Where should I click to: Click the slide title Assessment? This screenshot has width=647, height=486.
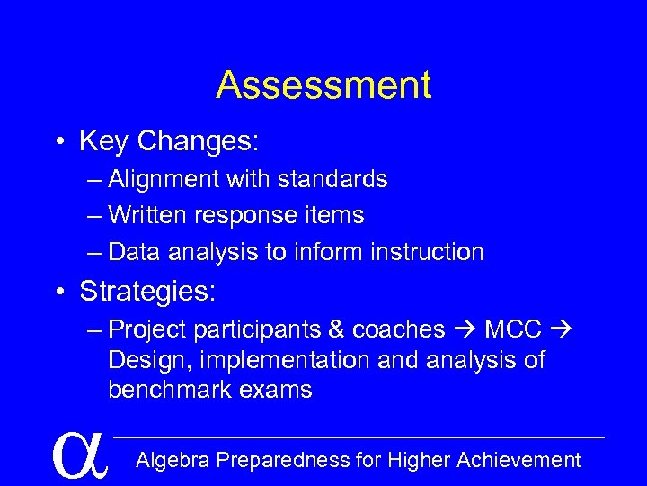[323, 85]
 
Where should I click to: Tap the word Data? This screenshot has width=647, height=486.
[134, 252]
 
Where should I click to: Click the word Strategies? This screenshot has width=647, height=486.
[148, 292]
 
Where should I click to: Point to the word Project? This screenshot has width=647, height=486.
[147, 330]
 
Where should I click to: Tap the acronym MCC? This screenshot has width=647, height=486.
[513, 330]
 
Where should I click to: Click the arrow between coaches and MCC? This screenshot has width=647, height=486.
[465, 330]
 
